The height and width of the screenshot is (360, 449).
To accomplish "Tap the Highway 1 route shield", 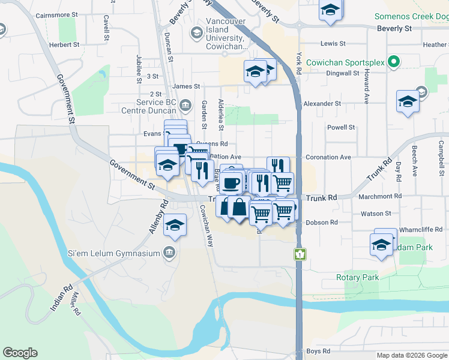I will point(298,254).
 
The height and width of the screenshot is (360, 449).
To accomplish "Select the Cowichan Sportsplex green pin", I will point(394,62).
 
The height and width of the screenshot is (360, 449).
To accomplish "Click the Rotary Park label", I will point(358,278).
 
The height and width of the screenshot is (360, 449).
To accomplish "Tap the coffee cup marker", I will point(231,183).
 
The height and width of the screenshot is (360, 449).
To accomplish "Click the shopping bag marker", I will point(239,208).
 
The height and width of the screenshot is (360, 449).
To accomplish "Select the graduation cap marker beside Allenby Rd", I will point(175,226).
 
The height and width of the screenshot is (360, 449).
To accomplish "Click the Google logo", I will point(20,353).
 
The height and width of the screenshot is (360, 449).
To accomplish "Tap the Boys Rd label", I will point(318,351).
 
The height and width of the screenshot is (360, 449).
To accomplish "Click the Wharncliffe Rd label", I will point(421,229).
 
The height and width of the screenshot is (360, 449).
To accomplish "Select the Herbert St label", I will point(64,44).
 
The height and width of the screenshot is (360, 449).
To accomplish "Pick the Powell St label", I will point(341,127).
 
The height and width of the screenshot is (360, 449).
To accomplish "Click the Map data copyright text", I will point(411,355).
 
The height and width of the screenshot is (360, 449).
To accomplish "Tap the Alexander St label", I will point(322,103).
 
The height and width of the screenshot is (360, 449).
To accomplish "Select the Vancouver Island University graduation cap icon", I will point(195,32).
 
